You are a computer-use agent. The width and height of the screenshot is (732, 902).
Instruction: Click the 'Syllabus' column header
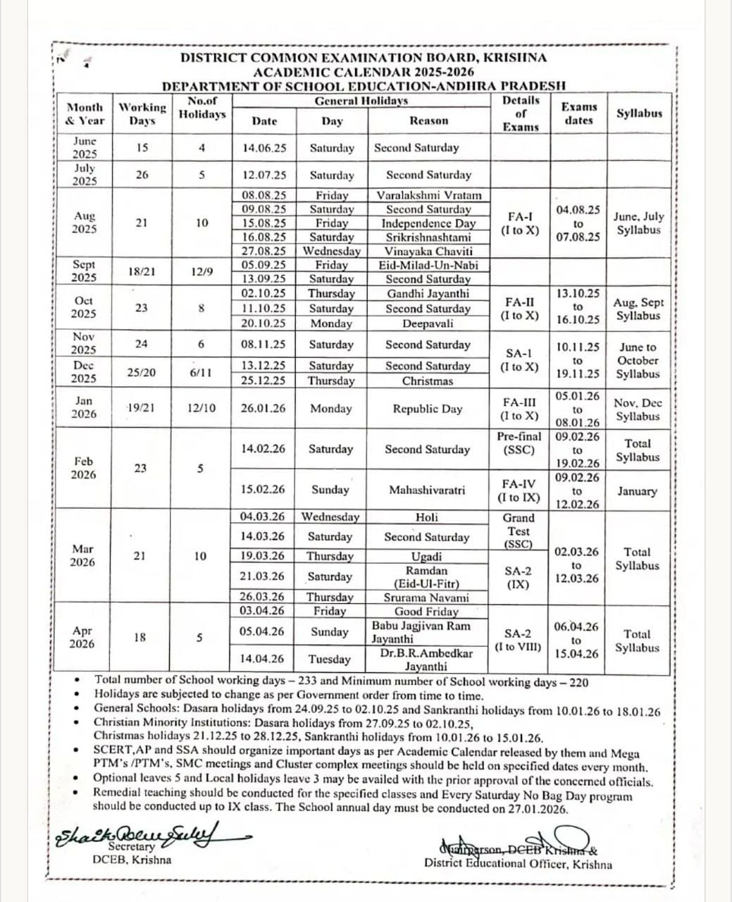point(639,113)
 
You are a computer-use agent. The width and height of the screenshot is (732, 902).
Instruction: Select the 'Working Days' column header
point(142,114)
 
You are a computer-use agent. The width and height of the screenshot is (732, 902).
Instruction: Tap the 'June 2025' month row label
point(85,147)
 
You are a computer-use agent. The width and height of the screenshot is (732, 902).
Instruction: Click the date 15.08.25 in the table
point(264,223)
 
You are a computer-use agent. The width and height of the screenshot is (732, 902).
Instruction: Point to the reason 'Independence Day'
point(428,223)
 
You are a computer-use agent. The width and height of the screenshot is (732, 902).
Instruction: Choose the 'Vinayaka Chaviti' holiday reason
point(428,251)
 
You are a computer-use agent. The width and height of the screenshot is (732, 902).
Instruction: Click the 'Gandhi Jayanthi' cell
point(428,293)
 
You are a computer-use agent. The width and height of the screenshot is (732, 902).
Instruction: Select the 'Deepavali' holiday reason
point(428,323)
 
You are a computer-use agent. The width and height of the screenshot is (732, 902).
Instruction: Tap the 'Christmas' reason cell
point(428,381)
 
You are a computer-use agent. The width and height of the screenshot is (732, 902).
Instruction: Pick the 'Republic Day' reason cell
point(428,409)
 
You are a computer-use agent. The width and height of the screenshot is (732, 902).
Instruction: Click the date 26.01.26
point(263,409)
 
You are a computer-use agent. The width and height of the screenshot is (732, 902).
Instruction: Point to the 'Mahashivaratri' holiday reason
point(427,490)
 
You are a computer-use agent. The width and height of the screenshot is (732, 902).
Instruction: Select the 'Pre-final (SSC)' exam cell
point(519,443)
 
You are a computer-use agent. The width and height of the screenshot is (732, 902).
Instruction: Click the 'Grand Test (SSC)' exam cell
point(519,531)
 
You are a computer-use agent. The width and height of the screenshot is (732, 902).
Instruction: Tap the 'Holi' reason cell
point(427,517)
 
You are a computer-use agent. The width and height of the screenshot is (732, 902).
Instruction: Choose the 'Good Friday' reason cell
point(427,612)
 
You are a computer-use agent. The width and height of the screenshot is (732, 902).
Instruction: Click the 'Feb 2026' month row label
point(83,468)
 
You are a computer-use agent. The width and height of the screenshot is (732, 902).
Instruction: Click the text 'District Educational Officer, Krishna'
point(518,864)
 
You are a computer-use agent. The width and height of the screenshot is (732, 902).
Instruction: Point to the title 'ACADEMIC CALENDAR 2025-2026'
point(364,72)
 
